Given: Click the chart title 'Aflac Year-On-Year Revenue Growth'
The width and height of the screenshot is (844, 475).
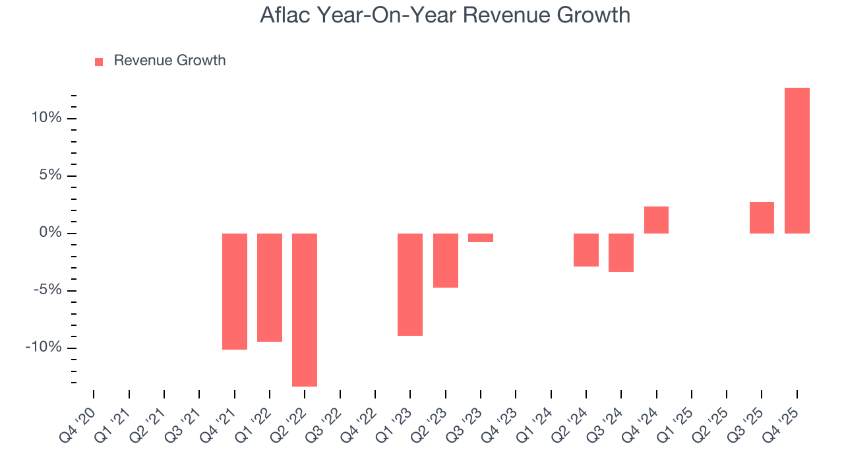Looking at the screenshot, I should [445, 15].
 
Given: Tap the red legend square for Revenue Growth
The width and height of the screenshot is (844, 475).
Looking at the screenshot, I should [99, 61].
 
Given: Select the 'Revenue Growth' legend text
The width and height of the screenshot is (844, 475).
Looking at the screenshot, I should [169, 61].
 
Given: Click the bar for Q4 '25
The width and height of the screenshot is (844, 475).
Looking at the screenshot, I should [797, 160].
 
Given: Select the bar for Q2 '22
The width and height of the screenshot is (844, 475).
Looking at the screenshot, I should [305, 309].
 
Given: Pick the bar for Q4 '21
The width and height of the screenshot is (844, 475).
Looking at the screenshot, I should [234, 291].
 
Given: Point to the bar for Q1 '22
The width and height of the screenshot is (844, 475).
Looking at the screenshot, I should [270, 287].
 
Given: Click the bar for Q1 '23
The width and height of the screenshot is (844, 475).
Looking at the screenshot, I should [410, 284].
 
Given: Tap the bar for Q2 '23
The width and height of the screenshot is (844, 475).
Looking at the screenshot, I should [445, 260].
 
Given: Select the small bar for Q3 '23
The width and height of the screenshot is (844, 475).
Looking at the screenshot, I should [481, 237].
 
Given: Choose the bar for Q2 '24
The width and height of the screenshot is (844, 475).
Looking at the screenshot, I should [586, 249].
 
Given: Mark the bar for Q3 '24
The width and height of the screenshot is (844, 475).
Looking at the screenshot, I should [621, 252].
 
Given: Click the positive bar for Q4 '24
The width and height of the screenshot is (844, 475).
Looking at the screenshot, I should [656, 220].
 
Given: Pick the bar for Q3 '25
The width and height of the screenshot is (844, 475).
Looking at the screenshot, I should [762, 217].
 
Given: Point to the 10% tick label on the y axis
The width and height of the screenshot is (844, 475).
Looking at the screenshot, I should [45, 118].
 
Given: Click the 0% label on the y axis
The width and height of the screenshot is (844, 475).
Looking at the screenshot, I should [50, 233].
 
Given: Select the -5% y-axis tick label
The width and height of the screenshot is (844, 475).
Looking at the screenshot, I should [46, 290].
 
